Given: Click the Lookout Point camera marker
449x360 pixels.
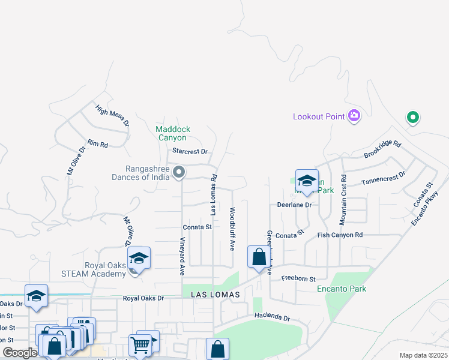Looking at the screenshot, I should [354, 116].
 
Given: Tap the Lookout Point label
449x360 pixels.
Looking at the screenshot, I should [319, 116].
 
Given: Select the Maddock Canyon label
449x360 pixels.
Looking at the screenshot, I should [173, 133].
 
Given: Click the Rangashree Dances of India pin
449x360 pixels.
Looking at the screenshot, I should [179, 173].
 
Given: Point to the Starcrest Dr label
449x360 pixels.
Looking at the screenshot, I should [190, 152].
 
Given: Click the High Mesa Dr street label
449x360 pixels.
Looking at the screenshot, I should [112, 115].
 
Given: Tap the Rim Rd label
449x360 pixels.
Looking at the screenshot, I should [97, 144].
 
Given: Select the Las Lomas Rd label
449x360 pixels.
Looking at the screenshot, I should [213, 196].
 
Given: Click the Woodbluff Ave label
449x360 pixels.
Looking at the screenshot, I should [232, 229].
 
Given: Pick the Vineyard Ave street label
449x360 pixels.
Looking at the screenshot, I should [182, 256].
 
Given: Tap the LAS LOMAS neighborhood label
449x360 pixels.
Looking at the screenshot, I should [215, 295].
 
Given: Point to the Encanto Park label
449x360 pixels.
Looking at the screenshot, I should [342, 289].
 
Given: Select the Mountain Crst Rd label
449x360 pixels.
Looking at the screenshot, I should [343, 200].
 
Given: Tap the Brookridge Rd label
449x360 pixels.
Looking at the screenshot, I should [382, 150].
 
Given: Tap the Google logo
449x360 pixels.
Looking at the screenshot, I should [20, 353].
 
